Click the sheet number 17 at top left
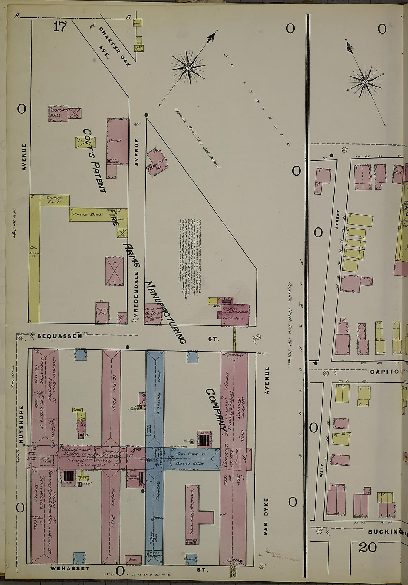59,27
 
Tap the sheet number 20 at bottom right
368,547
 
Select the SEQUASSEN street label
59,336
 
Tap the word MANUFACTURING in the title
165,312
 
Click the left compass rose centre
188,67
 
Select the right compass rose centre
365,82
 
